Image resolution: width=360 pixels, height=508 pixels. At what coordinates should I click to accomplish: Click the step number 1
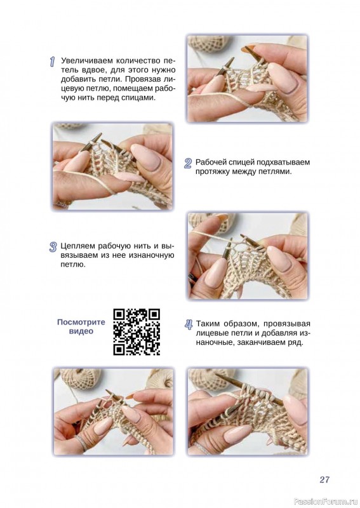[x=52, y=62]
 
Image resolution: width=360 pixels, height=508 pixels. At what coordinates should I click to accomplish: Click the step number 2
[x=188, y=163]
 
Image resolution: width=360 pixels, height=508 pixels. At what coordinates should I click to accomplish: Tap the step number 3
[x=53, y=247]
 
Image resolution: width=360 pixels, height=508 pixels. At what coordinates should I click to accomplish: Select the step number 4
[x=189, y=324]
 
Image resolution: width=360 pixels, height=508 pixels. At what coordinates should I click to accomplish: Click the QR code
[x=137, y=331]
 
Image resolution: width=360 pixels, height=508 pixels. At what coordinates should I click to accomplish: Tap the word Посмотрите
[x=81, y=322]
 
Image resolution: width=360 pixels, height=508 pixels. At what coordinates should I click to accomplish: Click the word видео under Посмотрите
[x=81, y=331]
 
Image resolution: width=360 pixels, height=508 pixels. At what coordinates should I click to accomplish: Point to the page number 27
[x=324, y=479]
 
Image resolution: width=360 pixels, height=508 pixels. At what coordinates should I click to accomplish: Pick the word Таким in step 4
[x=209, y=324]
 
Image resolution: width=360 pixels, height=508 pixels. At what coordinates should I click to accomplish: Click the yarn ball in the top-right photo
[x=209, y=44]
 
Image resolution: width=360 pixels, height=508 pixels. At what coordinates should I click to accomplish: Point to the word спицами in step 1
[x=138, y=98]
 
